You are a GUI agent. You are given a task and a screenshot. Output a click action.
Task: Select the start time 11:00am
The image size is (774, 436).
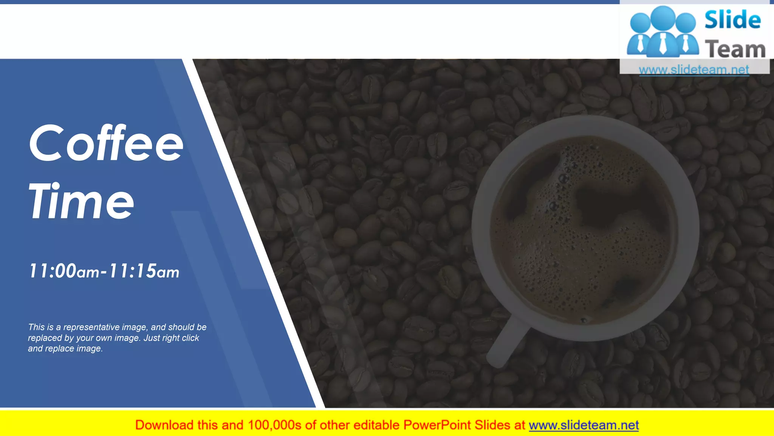point(64,271)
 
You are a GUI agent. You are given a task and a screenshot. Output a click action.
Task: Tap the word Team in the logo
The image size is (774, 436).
point(735,50)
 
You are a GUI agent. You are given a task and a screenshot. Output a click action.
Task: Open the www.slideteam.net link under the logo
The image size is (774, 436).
point(694,70)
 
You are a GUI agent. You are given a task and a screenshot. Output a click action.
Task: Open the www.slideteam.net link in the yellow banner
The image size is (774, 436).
point(584,425)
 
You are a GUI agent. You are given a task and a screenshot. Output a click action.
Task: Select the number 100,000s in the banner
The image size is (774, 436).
point(274,425)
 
